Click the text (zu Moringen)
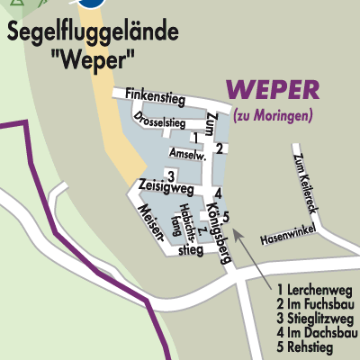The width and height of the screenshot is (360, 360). click(273, 115)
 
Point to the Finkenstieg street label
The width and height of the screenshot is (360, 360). click(157, 94)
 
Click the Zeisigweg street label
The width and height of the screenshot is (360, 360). click(166, 188)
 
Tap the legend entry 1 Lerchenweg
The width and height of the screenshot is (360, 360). click(314, 290)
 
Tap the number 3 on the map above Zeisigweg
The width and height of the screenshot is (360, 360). click(169, 175)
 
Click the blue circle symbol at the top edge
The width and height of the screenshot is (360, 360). click(90, 3)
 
